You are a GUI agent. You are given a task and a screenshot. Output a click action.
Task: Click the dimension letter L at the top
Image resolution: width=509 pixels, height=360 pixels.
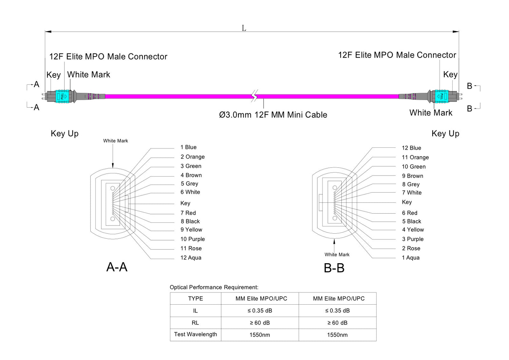[244, 28]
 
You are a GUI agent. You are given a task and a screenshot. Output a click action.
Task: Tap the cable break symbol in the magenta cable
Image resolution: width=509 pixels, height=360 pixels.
[254, 96]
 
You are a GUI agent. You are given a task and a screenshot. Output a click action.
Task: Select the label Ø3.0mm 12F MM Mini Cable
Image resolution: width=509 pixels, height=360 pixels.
[273, 115]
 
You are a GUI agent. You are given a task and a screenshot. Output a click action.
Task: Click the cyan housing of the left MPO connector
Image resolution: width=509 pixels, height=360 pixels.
[62, 96]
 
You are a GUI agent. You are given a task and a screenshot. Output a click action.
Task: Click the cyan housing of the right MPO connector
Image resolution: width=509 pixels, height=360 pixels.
[441, 96]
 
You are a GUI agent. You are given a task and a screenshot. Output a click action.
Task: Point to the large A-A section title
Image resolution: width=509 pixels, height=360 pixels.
[117, 267]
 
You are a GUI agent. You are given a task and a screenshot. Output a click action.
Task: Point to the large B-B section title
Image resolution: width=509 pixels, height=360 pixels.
[334, 268]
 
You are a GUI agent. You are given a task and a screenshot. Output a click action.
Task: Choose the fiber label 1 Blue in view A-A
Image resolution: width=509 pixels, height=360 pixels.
[188, 147]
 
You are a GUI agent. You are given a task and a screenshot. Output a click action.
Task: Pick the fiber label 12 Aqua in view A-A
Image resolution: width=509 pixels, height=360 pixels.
[191, 257]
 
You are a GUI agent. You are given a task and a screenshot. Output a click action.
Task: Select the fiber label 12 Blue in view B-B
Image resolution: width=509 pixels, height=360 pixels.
[411, 148]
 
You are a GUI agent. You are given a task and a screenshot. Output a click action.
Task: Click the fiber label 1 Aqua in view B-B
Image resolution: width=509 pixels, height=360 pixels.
[411, 257]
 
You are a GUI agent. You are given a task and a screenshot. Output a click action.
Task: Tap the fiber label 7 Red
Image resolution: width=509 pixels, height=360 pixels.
[188, 213]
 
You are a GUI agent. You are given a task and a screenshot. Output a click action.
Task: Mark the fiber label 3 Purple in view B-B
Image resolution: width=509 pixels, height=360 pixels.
[413, 239]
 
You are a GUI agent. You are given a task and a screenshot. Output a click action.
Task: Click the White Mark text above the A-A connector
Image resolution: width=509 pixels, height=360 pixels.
[115, 141]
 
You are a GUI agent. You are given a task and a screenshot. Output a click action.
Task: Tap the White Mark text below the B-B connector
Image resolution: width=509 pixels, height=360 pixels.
[337, 254]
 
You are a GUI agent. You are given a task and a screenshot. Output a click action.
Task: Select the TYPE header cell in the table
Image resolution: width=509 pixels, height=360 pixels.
[195, 299]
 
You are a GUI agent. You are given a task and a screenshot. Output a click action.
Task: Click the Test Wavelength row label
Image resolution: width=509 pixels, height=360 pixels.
[195, 334]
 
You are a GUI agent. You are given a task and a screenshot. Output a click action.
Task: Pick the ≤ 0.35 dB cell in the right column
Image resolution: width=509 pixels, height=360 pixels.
[337, 310]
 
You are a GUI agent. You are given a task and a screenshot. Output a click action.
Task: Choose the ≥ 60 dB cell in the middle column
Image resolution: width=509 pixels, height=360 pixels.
[260, 323]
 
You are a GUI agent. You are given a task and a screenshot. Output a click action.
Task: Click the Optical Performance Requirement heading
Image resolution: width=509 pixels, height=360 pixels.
[214, 287]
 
